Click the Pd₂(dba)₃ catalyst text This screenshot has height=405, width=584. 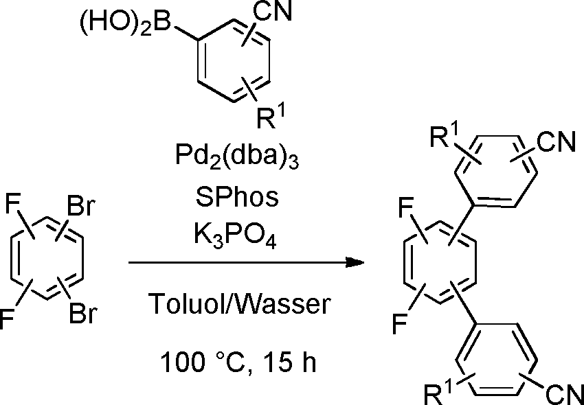[x=237, y=158]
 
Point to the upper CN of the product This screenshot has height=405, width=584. [x=556, y=142]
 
